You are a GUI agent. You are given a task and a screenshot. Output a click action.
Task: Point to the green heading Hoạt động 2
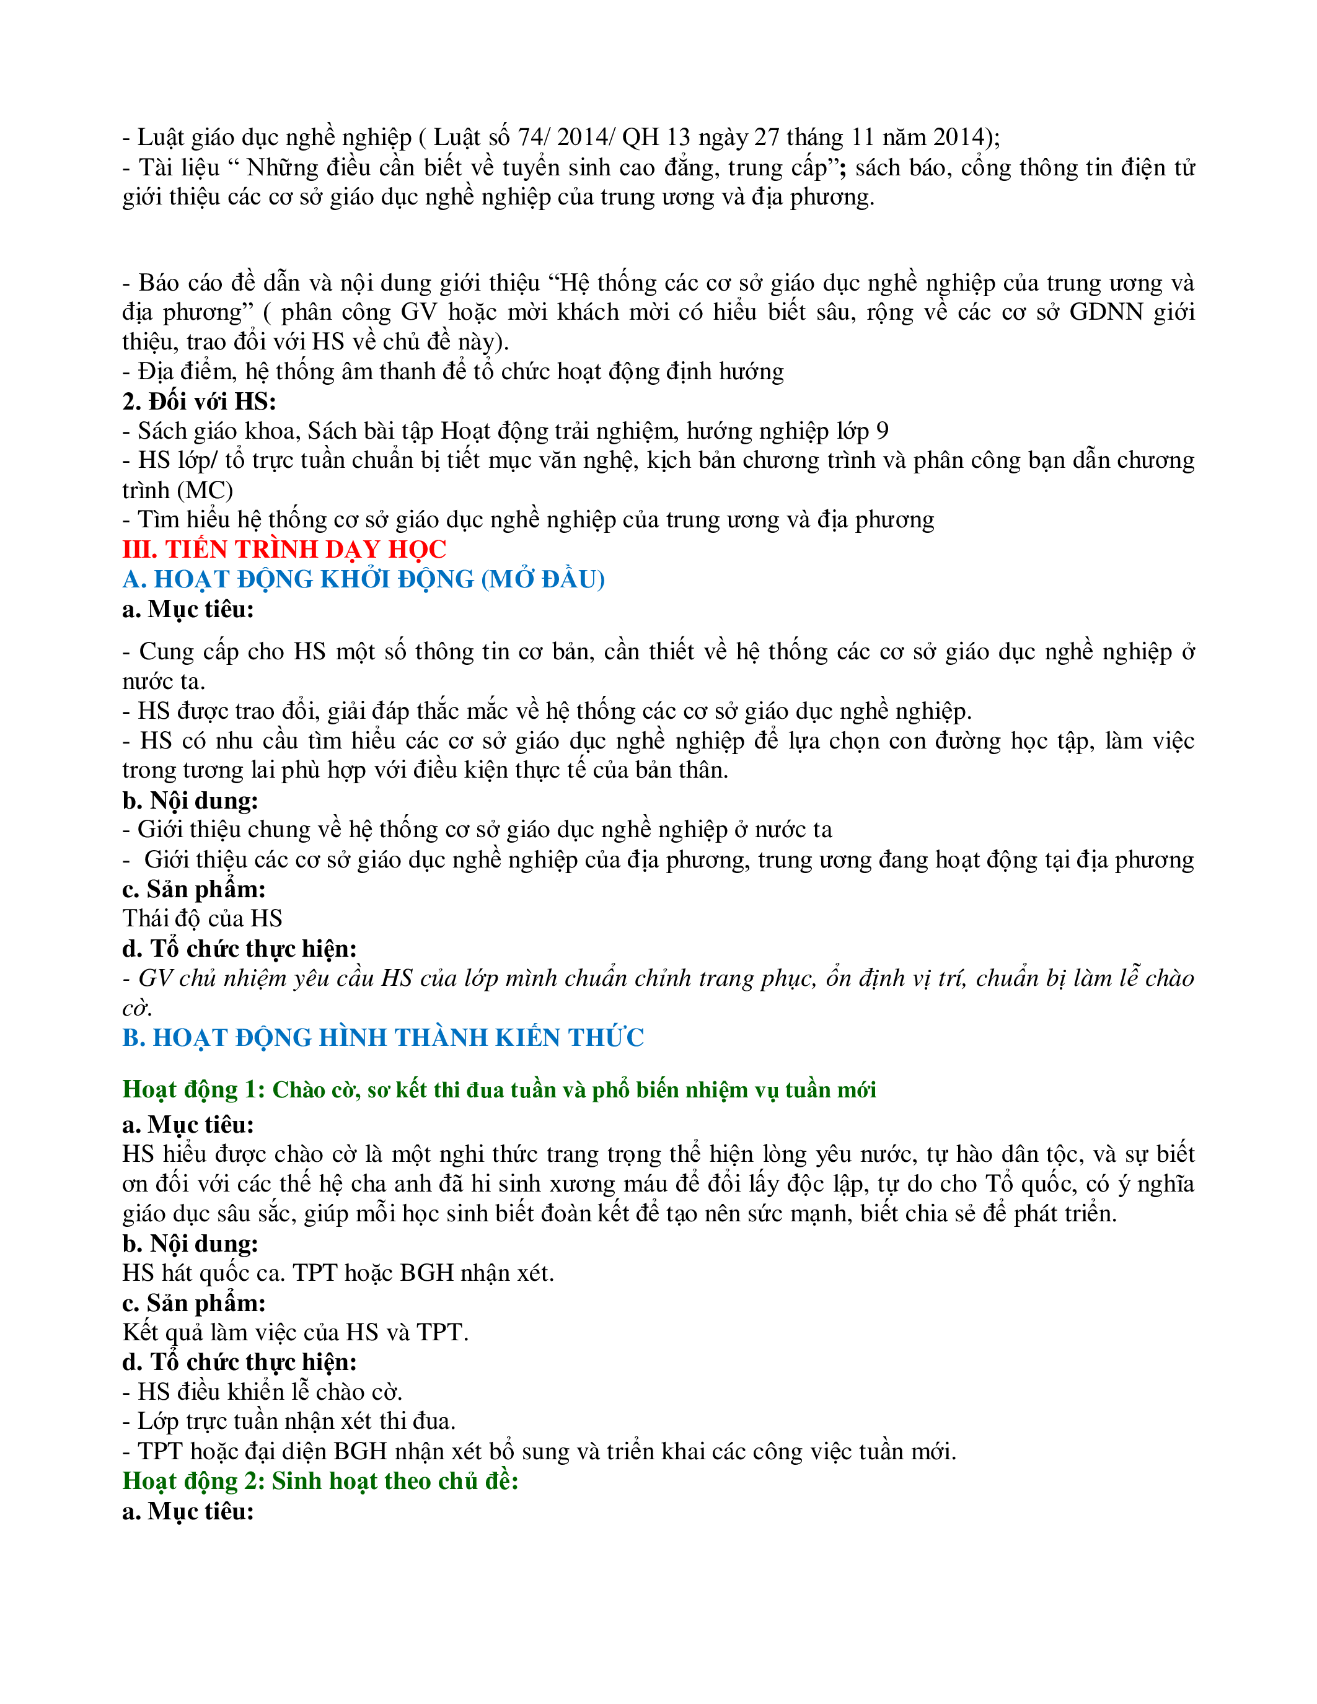click(x=320, y=1481)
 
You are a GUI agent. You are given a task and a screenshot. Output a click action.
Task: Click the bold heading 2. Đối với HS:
click(x=199, y=401)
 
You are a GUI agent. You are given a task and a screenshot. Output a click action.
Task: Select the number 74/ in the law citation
click(x=534, y=138)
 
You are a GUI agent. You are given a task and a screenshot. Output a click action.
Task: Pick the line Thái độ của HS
click(x=202, y=918)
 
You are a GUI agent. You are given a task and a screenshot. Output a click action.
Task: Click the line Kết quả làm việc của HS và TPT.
click(x=295, y=1332)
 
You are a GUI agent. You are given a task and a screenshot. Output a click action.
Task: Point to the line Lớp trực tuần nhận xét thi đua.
click(x=289, y=1421)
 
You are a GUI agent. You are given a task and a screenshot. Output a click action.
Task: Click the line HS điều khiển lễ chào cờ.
click(x=262, y=1391)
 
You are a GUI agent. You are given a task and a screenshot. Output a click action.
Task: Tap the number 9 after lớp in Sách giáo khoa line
click(x=882, y=431)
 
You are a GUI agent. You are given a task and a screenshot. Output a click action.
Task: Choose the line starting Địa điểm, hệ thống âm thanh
click(x=452, y=371)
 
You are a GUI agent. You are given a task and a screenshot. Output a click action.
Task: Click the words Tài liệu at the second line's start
click(x=180, y=168)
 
